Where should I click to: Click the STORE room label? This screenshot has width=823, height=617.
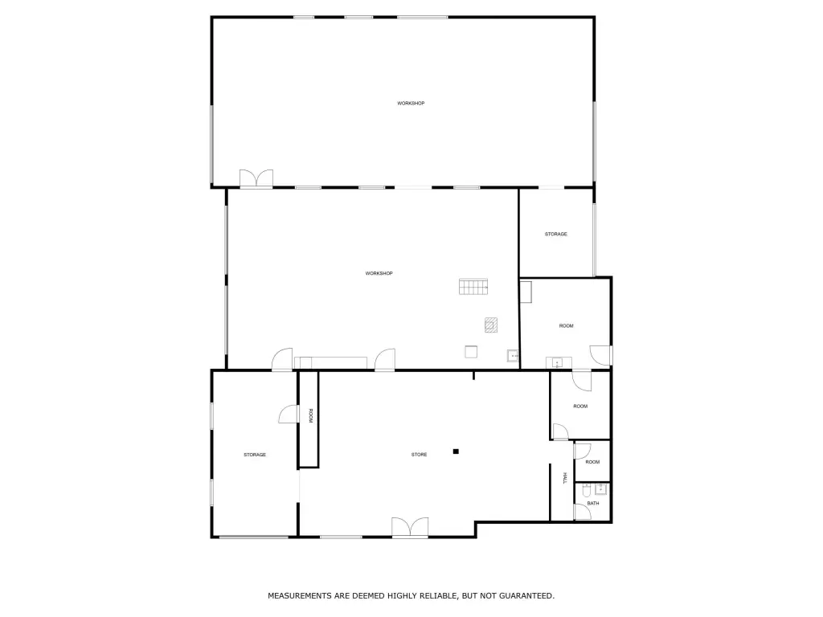419,455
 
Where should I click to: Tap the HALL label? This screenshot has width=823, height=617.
565,478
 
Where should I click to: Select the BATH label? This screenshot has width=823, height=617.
593,503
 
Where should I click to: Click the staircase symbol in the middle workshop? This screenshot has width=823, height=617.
473,287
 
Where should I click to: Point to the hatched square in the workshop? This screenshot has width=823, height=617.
491,325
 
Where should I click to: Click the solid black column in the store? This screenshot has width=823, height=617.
457,452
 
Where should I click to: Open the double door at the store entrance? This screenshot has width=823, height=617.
410,527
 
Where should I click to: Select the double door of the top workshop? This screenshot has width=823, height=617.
256,178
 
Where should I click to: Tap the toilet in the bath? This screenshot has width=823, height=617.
587,491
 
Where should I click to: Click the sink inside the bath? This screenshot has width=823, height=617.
601,489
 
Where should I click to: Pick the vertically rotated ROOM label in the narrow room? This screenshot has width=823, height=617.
310,416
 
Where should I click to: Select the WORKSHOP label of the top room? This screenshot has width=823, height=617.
411,104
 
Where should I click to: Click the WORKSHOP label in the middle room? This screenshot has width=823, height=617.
379,273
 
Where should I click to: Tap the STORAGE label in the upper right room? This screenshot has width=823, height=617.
556,234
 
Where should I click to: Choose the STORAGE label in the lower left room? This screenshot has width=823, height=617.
255,455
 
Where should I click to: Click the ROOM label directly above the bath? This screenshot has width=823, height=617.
592,462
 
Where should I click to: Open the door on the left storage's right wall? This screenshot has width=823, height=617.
287,414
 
